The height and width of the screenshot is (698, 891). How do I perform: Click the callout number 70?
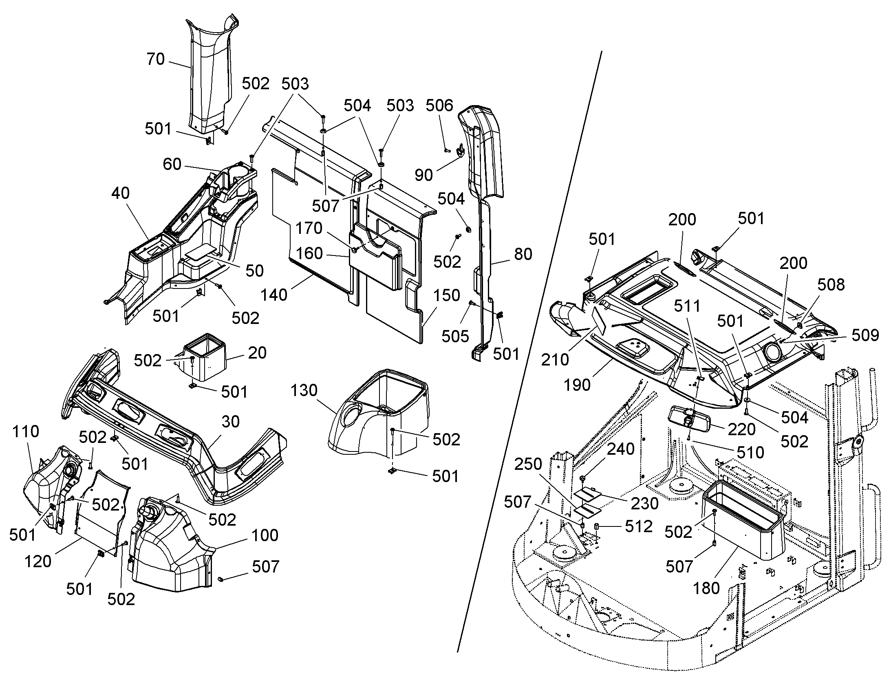click(156, 59)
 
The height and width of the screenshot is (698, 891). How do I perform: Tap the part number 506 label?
click(439, 106)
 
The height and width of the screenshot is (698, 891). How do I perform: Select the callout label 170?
click(309, 228)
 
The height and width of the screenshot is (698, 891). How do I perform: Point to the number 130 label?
click(304, 390)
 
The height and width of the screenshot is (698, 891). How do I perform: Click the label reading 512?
click(639, 526)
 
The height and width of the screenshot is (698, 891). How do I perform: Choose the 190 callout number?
click(577, 385)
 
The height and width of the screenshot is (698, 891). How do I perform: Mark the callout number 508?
click(831, 284)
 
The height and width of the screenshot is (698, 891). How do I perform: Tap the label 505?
click(455, 336)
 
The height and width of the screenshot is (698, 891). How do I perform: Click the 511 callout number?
click(687, 306)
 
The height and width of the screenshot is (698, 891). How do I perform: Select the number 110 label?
click(26, 431)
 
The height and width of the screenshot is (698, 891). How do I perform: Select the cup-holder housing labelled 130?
click(379, 413)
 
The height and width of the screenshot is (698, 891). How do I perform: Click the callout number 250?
click(528, 464)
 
